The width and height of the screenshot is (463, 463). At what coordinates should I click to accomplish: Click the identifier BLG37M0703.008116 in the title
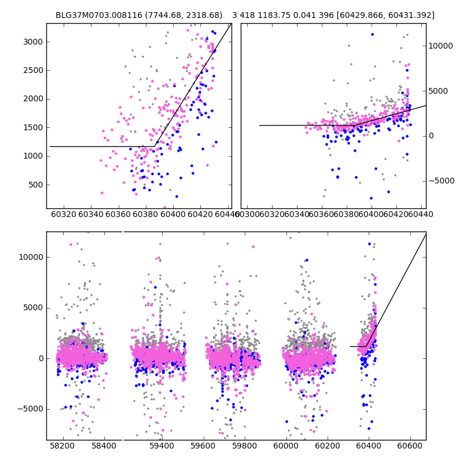point(94,16)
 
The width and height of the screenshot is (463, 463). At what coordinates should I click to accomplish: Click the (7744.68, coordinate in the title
point(157,16)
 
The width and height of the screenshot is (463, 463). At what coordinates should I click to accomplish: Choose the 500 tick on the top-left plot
point(36,185)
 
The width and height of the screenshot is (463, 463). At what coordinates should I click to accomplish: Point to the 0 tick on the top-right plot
point(431,135)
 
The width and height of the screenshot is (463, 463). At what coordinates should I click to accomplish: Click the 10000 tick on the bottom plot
point(31,257)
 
